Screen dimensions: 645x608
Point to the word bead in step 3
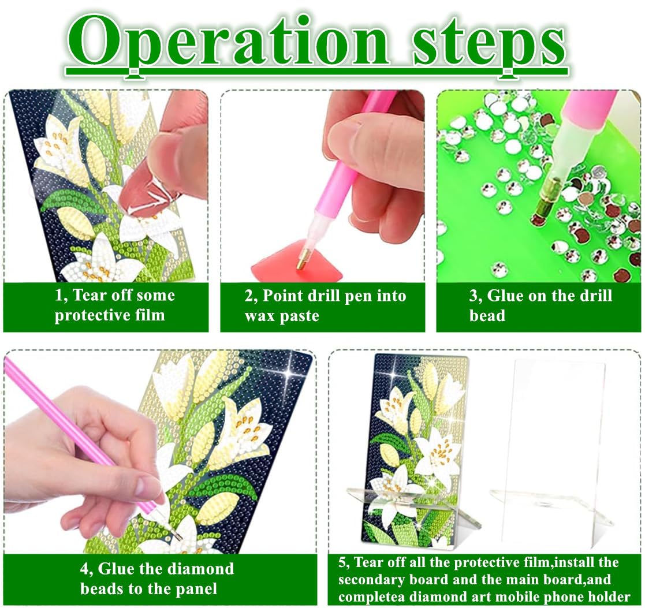point(487,315)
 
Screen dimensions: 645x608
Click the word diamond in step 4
point(201,569)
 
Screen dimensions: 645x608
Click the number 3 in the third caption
point(473,296)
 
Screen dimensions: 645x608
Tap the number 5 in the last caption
point(342,562)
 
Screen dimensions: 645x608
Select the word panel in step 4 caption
point(196,589)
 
